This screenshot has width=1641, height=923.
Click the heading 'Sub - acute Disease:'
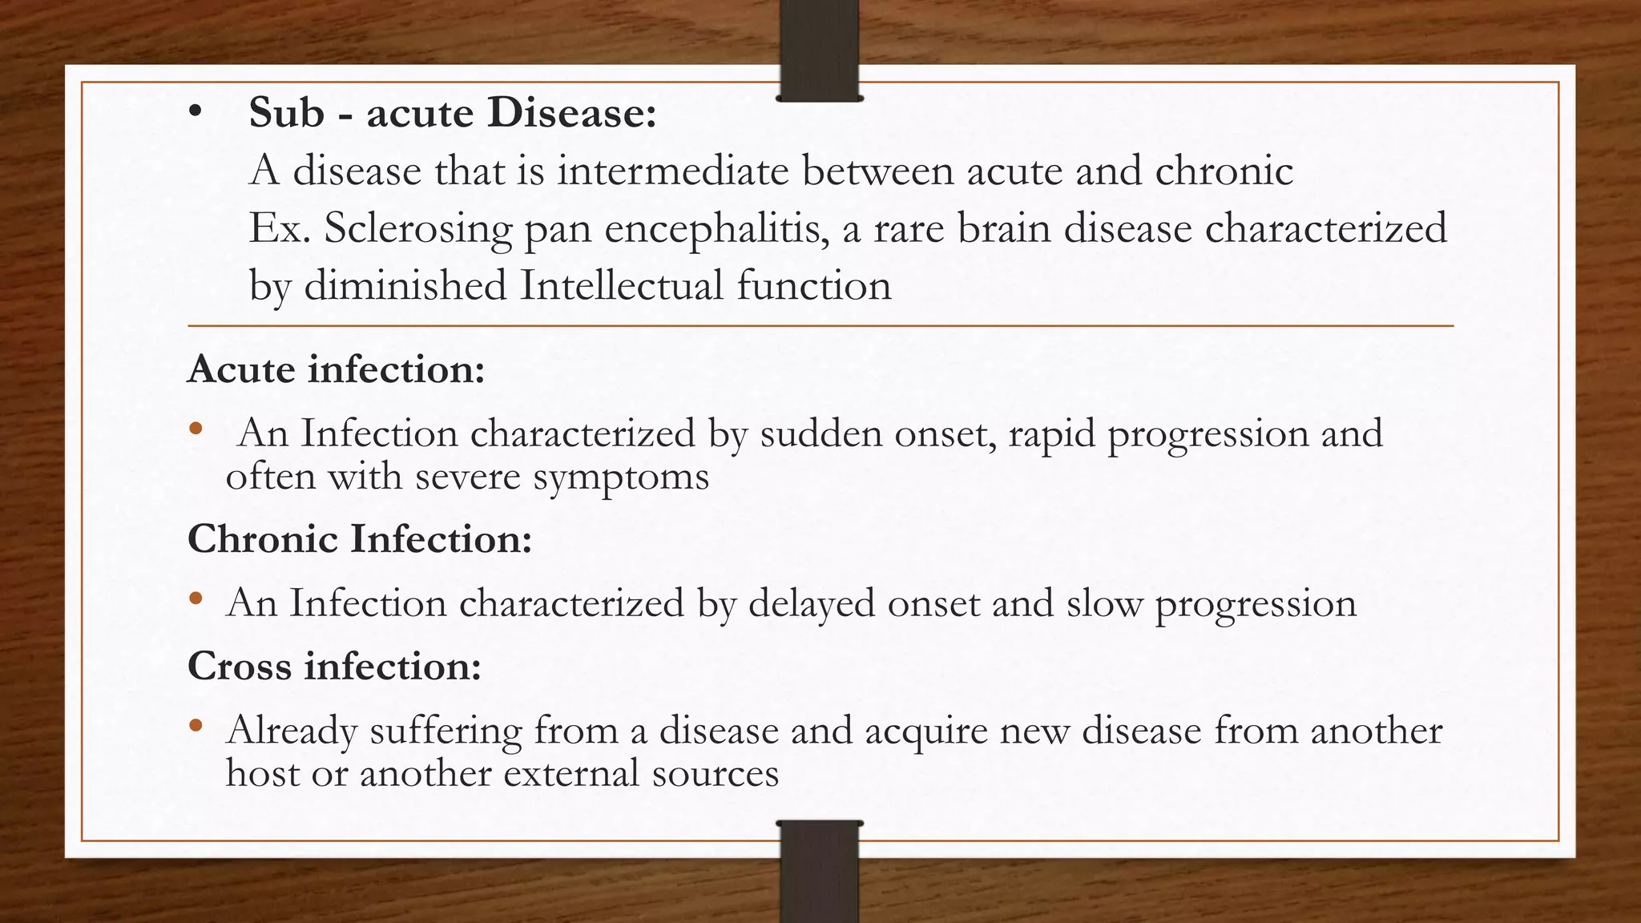point(453,112)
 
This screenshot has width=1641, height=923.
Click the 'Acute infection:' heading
point(336,369)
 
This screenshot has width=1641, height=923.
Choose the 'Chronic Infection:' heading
point(360,538)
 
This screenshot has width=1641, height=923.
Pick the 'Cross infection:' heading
point(334,666)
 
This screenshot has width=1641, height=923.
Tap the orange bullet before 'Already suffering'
point(196,728)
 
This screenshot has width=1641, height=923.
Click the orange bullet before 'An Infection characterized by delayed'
point(196,599)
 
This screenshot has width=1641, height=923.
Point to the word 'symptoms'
point(621,478)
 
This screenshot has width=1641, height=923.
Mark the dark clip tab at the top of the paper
point(819,50)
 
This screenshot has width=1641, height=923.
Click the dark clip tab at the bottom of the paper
point(819,872)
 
